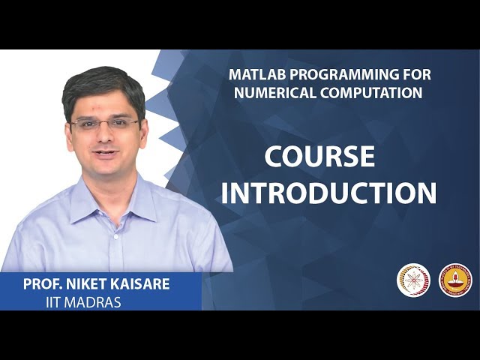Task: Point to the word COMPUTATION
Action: (371, 93)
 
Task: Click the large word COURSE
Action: (319, 157)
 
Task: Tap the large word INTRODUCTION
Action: (328, 193)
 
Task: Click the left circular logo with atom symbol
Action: (413, 280)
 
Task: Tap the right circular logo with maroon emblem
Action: (455, 280)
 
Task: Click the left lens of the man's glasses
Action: (84, 124)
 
